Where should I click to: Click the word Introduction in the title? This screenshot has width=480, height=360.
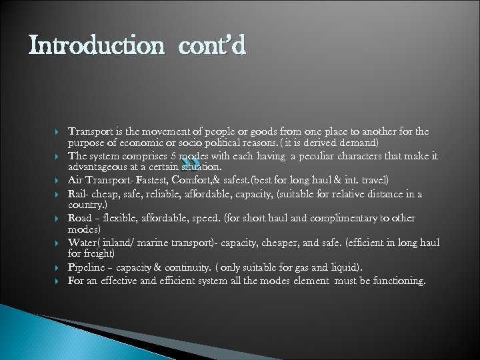96,46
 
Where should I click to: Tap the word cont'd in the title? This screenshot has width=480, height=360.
212,46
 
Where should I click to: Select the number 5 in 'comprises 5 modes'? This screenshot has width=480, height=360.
173,156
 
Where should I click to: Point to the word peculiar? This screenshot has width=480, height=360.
319,156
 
